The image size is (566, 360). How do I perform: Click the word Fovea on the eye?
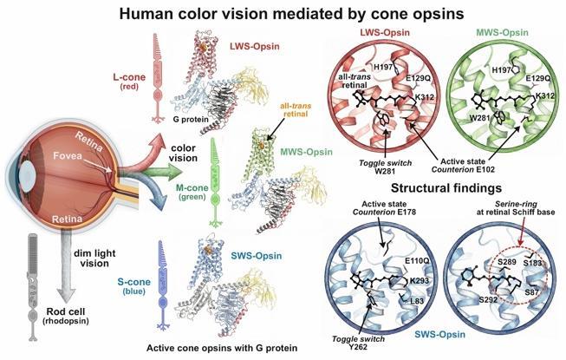(x=68, y=155)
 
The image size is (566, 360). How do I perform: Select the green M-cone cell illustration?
(x=216, y=183)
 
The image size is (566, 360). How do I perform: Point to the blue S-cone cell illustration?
(x=163, y=285)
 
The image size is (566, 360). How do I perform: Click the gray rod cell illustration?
(x=33, y=287)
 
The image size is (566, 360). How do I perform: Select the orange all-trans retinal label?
(x=296, y=110)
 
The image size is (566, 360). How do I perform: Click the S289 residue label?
(x=507, y=261)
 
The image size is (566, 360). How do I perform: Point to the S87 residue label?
(x=531, y=292)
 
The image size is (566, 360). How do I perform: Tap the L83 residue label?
(x=417, y=301)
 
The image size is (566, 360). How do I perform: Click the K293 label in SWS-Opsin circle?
(x=420, y=280)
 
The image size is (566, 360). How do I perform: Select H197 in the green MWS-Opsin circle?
(x=501, y=70)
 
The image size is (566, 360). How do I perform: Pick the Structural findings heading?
(x=446, y=188)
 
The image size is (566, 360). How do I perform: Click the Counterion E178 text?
(x=384, y=212)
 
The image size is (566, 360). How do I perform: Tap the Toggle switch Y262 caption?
(x=358, y=343)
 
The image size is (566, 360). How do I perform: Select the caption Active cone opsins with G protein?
(x=222, y=348)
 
